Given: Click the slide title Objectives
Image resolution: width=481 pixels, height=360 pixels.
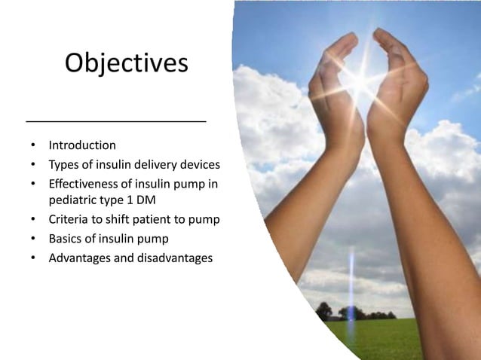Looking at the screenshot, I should click(126, 63).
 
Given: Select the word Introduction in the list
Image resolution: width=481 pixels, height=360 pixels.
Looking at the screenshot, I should click(82, 145).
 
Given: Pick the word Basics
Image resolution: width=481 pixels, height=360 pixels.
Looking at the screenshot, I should click(66, 239).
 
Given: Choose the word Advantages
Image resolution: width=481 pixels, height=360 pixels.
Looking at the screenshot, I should click(80, 258).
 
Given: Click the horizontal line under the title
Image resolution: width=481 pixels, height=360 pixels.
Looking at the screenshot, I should click(116, 121).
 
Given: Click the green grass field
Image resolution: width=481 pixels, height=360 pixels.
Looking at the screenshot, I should click(392, 339).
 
